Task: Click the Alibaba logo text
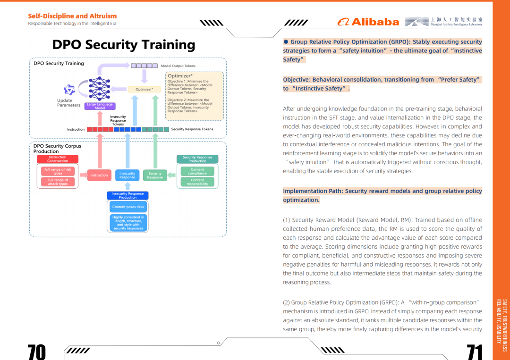click(x=368, y=22)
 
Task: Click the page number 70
click(x=36, y=352)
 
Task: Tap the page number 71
click(x=475, y=352)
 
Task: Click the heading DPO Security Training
click(x=124, y=44)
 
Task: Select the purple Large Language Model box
click(x=100, y=106)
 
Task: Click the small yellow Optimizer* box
click(x=144, y=89)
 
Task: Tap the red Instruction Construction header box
click(x=58, y=159)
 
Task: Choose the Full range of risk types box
click(x=58, y=171)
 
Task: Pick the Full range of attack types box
click(x=58, y=182)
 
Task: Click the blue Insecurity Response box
click(x=127, y=175)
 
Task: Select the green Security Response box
click(x=155, y=175)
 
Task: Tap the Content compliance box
click(x=197, y=171)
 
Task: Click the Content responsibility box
click(x=197, y=182)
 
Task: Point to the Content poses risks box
click(x=128, y=207)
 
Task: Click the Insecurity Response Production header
click(x=127, y=195)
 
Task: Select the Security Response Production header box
click(x=197, y=159)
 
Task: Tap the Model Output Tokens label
click(x=178, y=66)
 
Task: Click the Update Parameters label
click(x=68, y=103)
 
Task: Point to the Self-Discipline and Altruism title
click(x=72, y=16)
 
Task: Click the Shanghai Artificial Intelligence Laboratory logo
click(x=443, y=22)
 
